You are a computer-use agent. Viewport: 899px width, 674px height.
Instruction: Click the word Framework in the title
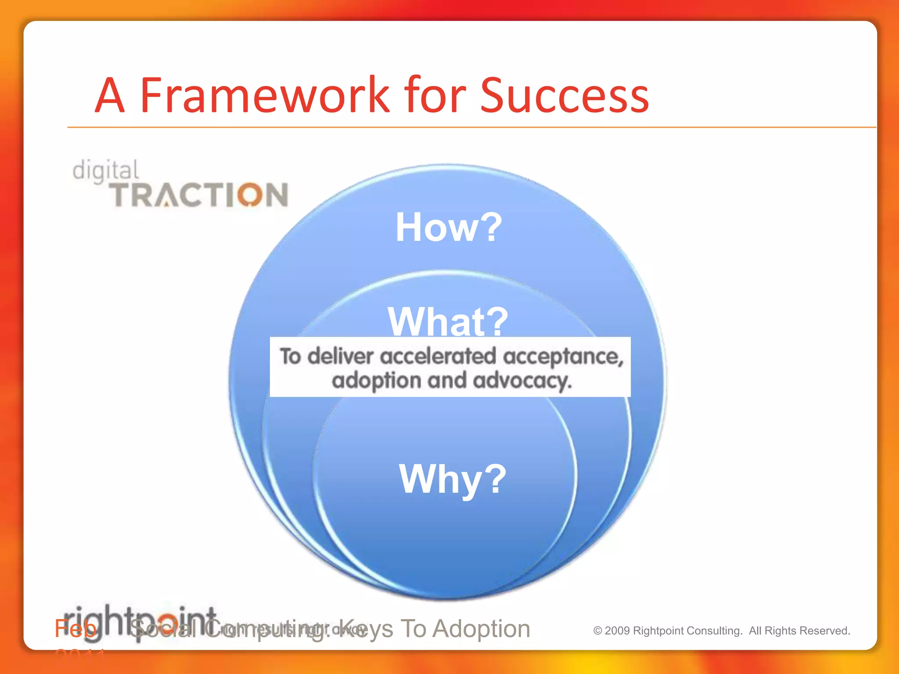(x=265, y=95)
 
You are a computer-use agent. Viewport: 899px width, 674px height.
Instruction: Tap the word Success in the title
(x=564, y=95)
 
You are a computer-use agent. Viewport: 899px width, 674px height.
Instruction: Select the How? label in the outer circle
(x=449, y=227)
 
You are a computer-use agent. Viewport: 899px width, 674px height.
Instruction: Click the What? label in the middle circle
(x=448, y=321)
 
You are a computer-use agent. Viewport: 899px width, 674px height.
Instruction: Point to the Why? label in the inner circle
(x=452, y=479)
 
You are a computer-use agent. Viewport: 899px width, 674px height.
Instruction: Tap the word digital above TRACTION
(x=105, y=171)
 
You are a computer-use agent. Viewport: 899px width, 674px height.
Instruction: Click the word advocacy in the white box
(x=522, y=380)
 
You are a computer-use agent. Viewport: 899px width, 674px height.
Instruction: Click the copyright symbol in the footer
(x=597, y=631)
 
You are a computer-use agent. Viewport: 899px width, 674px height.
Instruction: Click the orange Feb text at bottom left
(x=75, y=629)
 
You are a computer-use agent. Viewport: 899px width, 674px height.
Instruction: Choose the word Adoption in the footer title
(x=481, y=629)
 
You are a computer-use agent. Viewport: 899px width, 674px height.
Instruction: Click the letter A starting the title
(x=110, y=95)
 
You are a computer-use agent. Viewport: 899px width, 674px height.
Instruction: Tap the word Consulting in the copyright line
(x=714, y=631)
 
